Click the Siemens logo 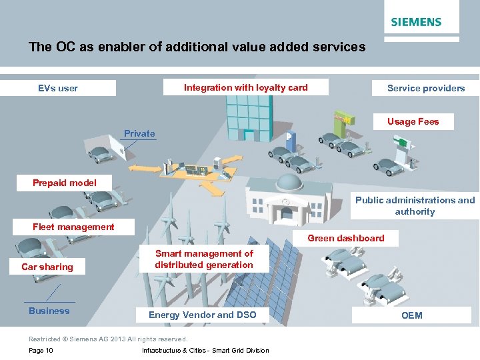tap(416, 22)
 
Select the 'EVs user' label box tap(58, 88)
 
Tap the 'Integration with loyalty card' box tap(245, 87)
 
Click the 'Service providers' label tap(426, 88)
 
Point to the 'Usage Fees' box tap(413, 121)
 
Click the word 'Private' tap(139, 133)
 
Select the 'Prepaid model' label tap(65, 183)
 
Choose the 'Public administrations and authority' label tap(415, 205)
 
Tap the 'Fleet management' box tap(73, 227)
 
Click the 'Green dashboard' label tap(345, 238)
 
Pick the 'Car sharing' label tap(47, 267)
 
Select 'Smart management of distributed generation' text tap(204, 259)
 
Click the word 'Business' tap(49, 311)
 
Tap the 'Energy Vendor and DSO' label tap(202, 315)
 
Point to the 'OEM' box tap(411, 315)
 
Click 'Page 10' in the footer tap(41, 351)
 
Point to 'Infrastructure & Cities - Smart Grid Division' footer tap(205, 351)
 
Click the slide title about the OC tap(197, 47)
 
